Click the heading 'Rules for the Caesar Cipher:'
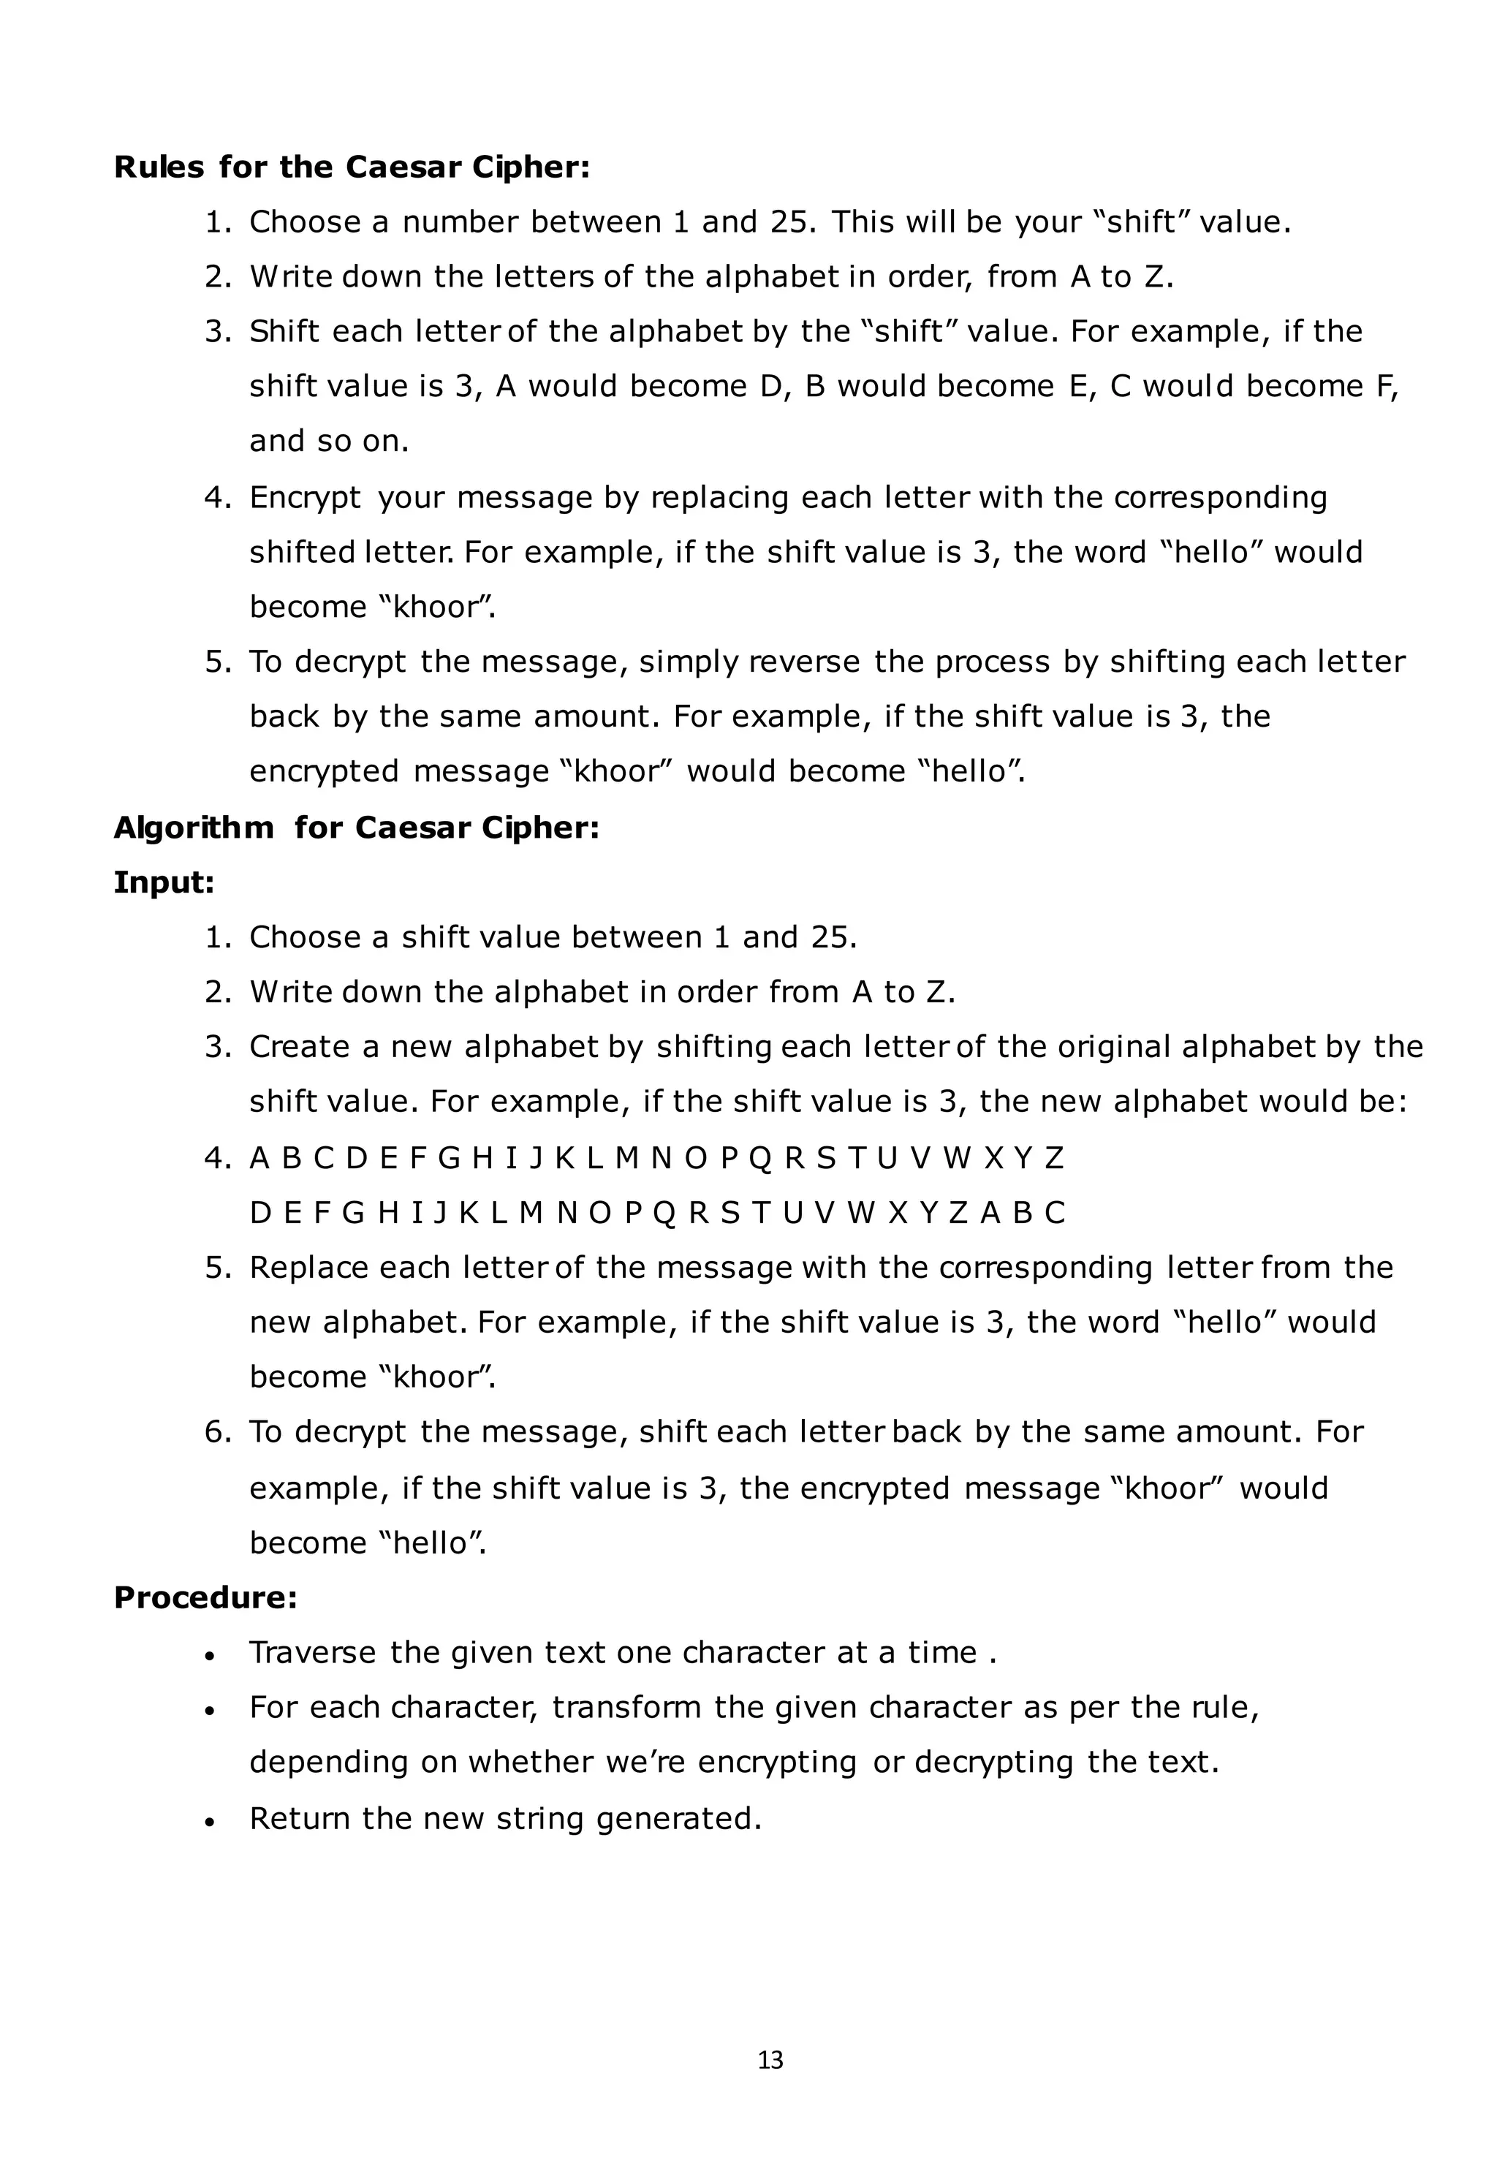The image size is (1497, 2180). click(x=352, y=167)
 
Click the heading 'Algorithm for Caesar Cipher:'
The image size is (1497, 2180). click(x=357, y=828)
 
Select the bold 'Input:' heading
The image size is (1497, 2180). click(x=164, y=882)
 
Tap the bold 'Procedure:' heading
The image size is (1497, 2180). click(x=205, y=1597)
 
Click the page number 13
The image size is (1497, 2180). click(x=770, y=2061)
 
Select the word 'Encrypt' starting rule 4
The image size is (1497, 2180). click(x=305, y=497)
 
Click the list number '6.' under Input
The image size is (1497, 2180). click(x=218, y=1431)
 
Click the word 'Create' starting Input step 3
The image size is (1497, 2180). click(x=299, y=1046)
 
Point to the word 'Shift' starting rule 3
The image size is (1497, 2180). click(x=284, y=331)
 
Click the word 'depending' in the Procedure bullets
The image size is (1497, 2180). click(x=328, y=1762)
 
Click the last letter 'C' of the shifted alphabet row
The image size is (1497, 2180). click(x=1056, y=1213)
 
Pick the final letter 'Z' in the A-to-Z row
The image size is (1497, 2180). click(x=1053, y=1159)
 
